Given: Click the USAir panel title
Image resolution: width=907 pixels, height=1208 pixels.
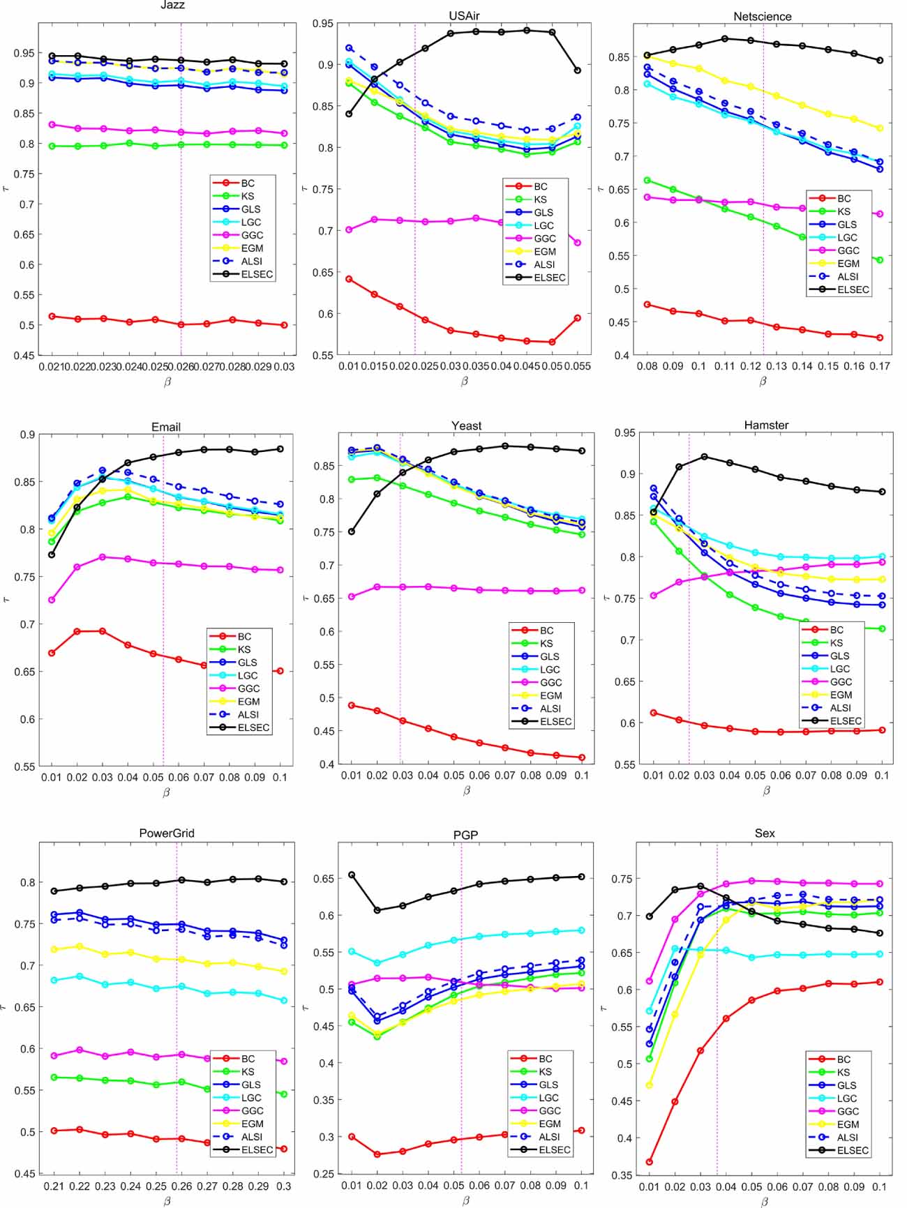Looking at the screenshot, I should coord(464,15).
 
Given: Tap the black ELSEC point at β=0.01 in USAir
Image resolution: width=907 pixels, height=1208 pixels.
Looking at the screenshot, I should coord(349,114).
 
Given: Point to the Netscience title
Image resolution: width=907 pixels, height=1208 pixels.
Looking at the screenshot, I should coord(762,16).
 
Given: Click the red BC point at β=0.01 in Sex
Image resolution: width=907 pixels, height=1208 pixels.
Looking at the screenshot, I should coord(649,1162).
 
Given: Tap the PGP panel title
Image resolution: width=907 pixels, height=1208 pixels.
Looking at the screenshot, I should coord(465,835).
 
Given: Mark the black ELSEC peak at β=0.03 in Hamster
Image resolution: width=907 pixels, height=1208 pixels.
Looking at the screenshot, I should coord(704,457).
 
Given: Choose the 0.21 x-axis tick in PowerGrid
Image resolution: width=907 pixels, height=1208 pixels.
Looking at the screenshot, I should coord(54,1186).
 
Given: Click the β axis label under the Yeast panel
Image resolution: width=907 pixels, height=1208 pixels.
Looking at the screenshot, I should coord(466,790).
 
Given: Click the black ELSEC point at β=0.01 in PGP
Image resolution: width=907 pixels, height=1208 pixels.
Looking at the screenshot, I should coord(352,875).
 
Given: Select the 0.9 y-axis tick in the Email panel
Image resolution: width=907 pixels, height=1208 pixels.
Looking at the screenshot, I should coord(27,435).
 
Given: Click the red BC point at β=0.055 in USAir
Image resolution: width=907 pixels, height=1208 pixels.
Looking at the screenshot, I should coord(578,318).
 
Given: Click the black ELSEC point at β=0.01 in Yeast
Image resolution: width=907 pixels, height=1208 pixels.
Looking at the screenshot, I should coord(352,531).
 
